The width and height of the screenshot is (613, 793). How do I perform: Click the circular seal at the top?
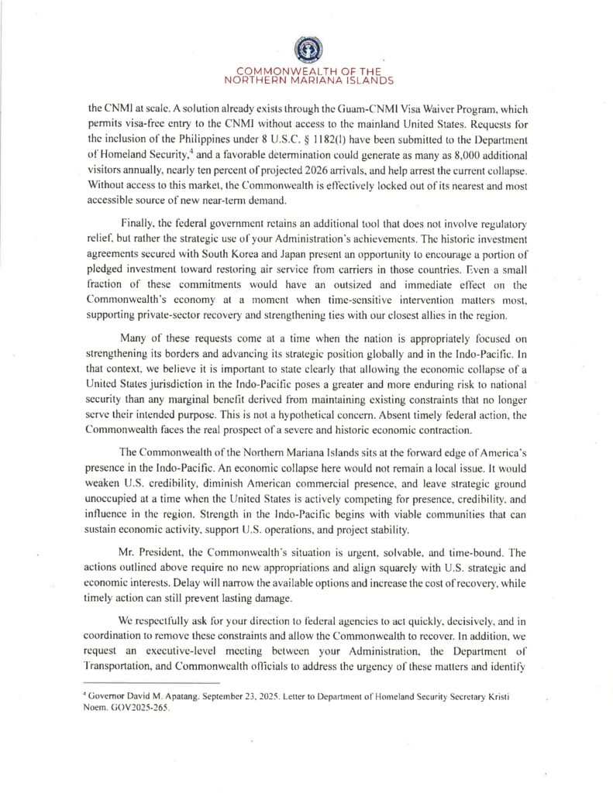pos(305,50)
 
